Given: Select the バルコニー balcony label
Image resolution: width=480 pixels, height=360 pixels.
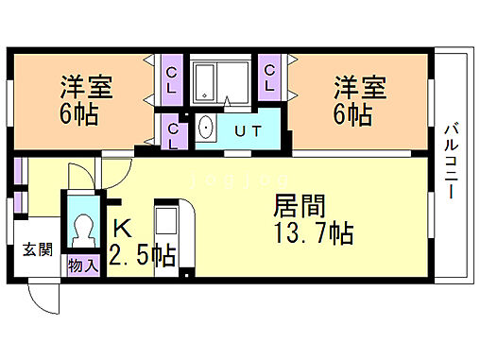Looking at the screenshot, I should [451, 160].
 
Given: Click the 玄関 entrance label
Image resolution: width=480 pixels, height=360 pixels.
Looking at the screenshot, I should [38, 249].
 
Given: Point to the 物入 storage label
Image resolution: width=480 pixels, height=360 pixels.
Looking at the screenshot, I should [83, 266].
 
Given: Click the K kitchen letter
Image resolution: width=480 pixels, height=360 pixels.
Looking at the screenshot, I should [123, 228].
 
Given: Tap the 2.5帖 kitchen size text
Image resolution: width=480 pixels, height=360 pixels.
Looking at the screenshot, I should [143, 255].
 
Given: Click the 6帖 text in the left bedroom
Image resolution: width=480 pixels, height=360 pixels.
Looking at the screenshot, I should [79, 117].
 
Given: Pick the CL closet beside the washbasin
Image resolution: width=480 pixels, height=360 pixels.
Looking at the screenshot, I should [175, 133].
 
